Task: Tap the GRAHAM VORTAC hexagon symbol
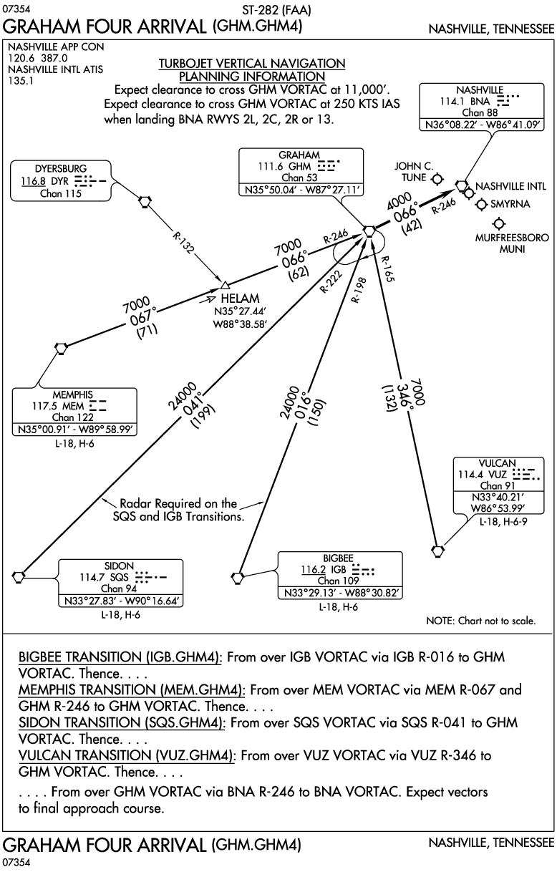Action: tap(369, 231)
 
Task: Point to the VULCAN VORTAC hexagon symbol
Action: tap(437, 551)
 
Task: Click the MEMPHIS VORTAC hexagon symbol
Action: tap(62, 348)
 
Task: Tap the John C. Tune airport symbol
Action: tap(437, 179)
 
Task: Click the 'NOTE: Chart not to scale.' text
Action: tap(480, 621)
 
